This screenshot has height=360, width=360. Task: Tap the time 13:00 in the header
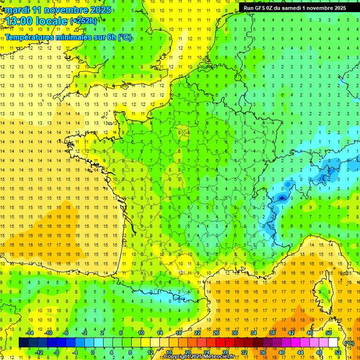[x=23, y=22]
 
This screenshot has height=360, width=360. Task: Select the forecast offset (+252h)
[x=84, y=21]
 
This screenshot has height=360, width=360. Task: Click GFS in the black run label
[x=263, y=8]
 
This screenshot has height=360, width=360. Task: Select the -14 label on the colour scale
[x=30, y=332]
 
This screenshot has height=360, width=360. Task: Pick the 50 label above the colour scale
[x=329, y=332]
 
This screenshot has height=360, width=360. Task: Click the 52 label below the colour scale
[x=338, y=352]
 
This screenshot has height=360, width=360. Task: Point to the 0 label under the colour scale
[x=93, y=352]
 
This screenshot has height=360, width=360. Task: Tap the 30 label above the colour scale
[x=234, y=332]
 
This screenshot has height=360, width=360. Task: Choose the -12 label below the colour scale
[x=39, y=352]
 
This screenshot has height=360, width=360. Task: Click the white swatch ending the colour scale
[x=333, y=342]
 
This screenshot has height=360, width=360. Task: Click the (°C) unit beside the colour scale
[x=349, y=343]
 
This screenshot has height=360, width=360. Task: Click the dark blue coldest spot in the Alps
[x=281, y=198]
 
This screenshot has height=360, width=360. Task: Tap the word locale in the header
[x=52, y=22]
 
